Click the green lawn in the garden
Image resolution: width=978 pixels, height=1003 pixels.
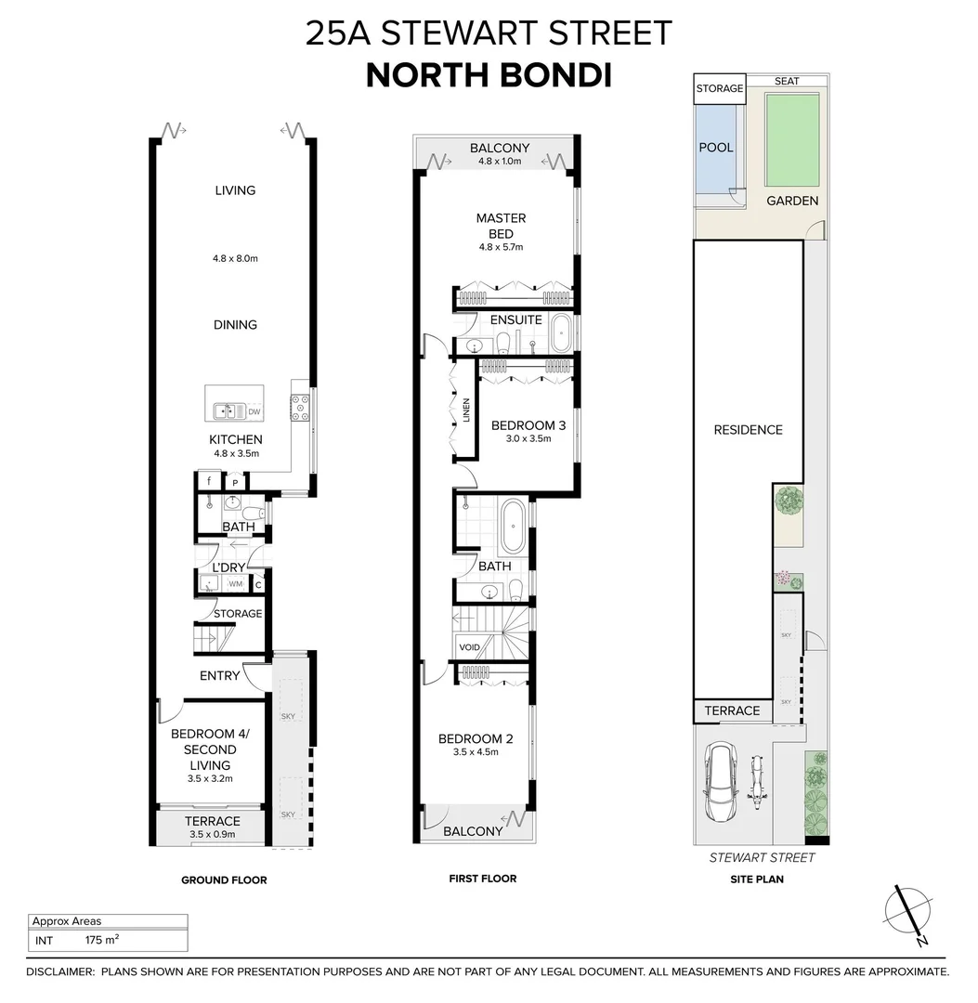tap(791, 138)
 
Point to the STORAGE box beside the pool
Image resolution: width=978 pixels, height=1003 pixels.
tap(720, 89)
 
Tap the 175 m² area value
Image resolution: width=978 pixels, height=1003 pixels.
tap(101, 940)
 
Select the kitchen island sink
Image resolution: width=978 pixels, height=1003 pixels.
tap(224, 410)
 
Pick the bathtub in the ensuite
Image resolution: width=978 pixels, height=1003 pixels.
tap(561, 334)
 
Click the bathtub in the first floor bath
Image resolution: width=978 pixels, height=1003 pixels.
tap(513, 528)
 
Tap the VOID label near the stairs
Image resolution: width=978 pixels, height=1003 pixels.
tap(470, 647)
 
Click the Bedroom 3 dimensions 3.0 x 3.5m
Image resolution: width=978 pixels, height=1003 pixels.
tap(528, 439)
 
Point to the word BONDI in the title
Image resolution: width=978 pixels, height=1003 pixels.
tap(554, 75)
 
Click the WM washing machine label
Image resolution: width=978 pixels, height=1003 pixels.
tap(235, 584)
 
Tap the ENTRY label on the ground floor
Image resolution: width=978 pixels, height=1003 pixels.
tap(219, 675)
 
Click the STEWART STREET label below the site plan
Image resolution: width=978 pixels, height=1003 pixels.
tap(762, 857)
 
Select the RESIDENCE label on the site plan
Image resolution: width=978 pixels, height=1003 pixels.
tap(748, 430)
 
